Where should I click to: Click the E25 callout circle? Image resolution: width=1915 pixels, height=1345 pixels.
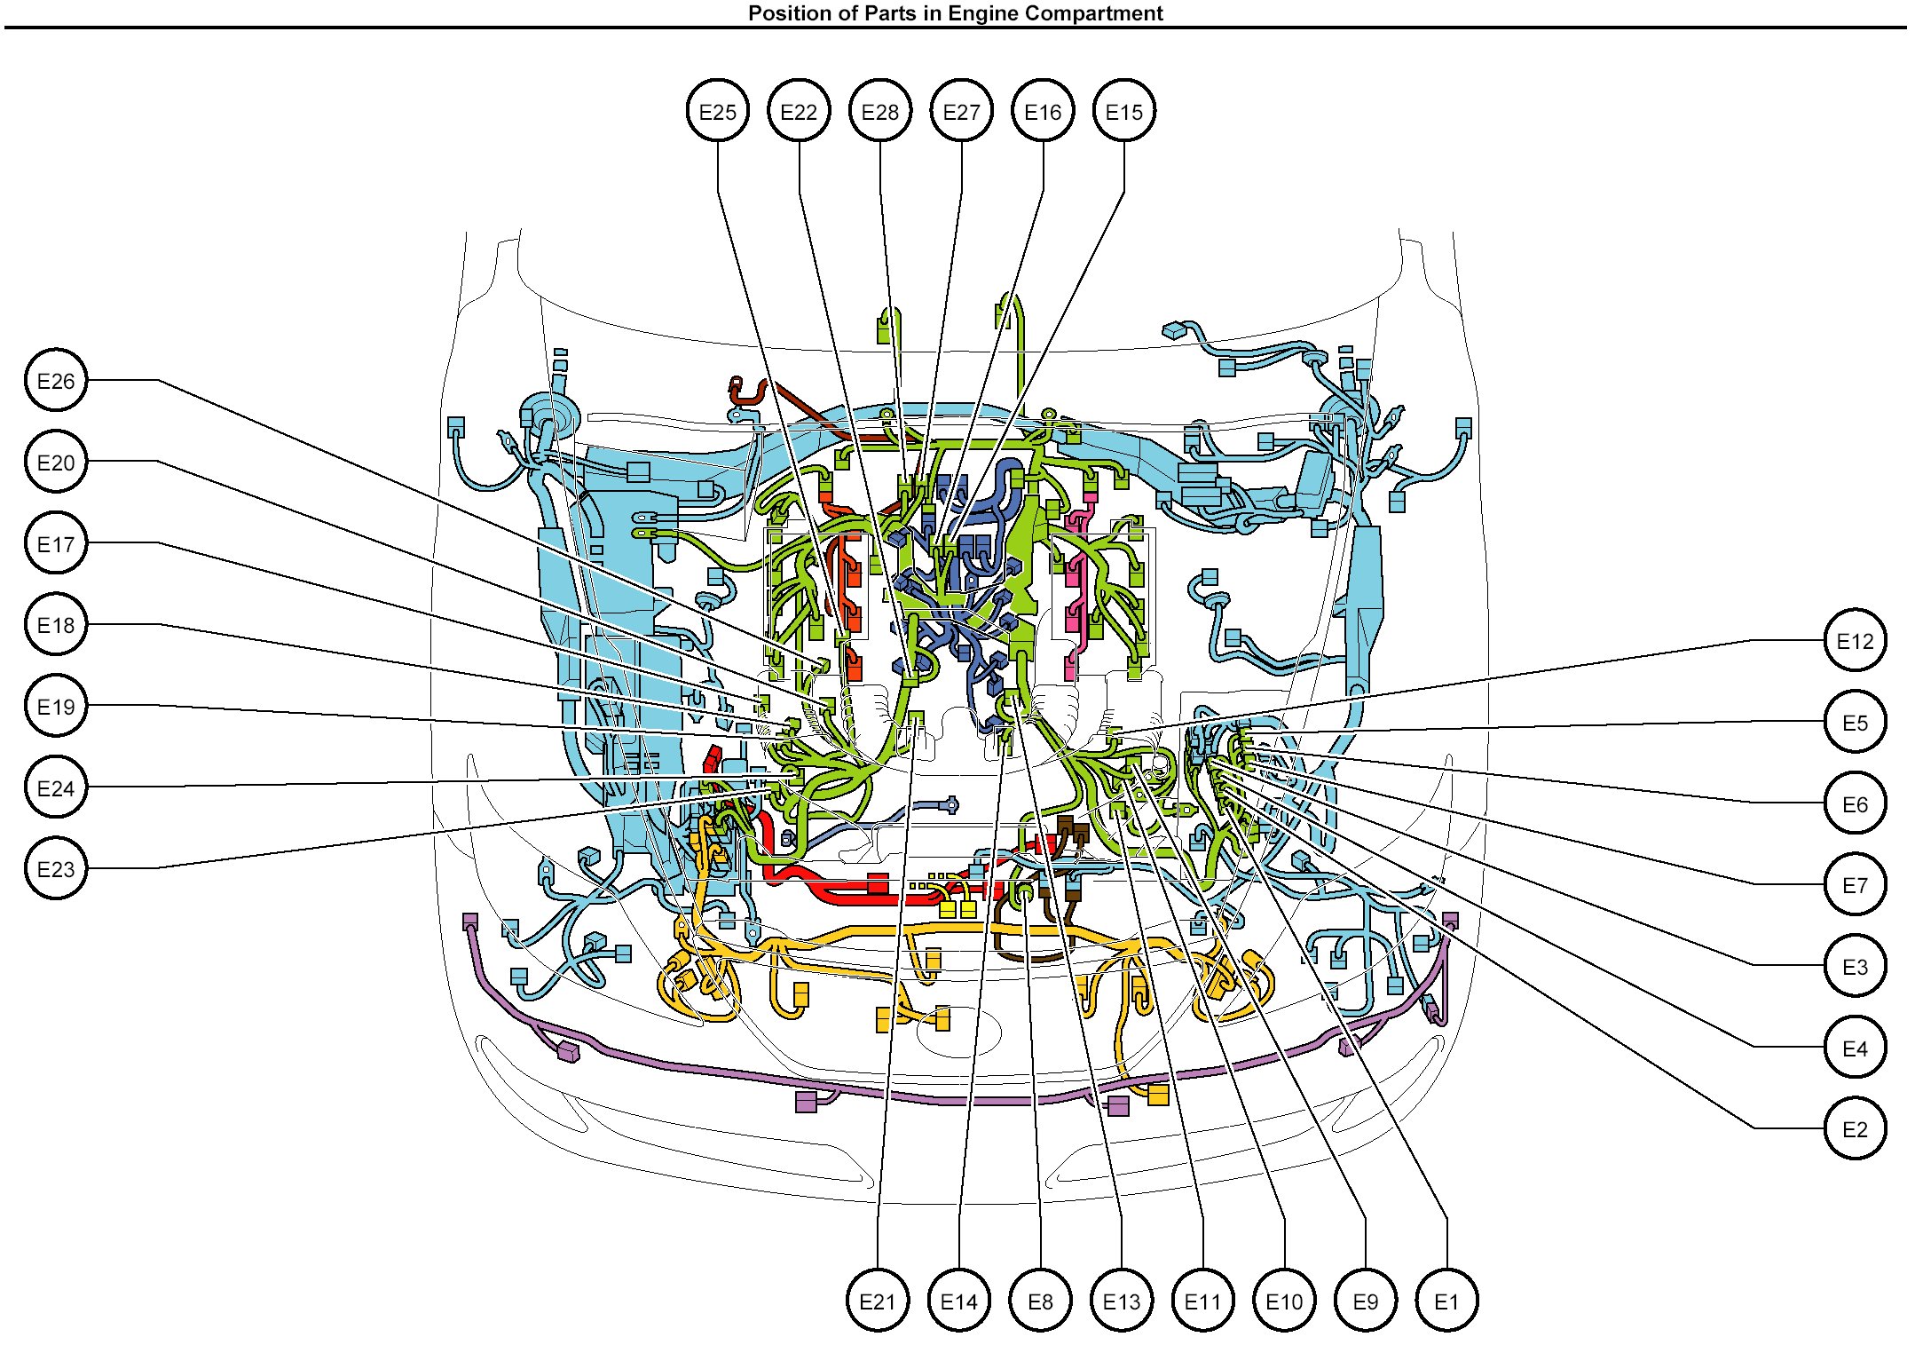717,112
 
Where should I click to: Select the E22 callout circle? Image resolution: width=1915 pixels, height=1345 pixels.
799,112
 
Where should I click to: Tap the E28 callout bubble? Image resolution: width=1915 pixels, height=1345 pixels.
880,112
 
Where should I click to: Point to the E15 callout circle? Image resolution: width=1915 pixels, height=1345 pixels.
1124,112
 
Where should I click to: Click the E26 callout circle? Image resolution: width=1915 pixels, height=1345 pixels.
56,381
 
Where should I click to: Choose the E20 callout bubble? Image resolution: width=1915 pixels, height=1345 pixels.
56,462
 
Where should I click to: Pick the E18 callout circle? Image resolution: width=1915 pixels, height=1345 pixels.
56,625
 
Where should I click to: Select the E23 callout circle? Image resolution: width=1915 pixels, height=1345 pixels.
56,868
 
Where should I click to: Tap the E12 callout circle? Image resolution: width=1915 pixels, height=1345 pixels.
1855,641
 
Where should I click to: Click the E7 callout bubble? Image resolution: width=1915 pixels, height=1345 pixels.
1855,884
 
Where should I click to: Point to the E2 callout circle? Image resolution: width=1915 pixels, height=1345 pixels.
1855,1129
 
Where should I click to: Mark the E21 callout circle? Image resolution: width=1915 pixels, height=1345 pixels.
878,1301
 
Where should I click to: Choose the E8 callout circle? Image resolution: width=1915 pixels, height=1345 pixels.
1040,1301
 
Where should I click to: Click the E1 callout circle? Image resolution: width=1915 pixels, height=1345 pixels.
1446,1301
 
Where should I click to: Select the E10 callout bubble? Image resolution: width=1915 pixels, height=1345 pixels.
1284,1301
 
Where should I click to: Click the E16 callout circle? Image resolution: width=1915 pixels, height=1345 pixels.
1043,112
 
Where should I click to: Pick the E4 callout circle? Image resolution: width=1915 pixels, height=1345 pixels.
1855,1048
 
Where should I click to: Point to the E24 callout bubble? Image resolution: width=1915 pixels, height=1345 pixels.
56,787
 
